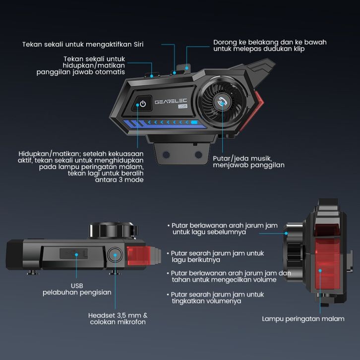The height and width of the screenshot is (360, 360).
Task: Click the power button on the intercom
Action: (142, 104)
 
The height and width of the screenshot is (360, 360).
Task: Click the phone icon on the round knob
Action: (222, 102)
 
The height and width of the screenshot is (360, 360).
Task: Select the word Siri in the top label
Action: (138, 44)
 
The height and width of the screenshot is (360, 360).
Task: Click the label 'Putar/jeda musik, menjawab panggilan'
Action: (248, 162)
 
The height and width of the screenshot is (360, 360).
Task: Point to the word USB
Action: (77, 286)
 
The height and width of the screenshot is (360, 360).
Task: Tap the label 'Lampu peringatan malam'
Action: (303, 319)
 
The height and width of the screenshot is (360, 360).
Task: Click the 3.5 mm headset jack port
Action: (115, 255)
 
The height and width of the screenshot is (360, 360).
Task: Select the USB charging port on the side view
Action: (74, 253)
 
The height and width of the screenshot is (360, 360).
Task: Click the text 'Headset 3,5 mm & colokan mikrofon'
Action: (118, 319)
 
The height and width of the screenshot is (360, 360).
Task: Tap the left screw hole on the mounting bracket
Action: (166, 155)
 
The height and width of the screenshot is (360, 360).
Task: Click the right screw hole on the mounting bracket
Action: (198, 155)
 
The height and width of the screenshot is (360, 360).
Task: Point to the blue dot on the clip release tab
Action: (186, 68)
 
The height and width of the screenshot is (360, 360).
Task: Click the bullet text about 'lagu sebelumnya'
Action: (223, 229)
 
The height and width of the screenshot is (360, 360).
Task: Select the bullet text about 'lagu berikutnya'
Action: (215, 256)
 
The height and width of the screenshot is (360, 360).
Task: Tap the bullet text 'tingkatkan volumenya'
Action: (215, 298)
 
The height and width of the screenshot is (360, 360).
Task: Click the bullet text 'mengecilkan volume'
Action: (229, 276)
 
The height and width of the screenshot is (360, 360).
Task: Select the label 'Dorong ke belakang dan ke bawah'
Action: (270, 42)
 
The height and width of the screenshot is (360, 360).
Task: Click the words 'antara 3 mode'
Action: (120, 180)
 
